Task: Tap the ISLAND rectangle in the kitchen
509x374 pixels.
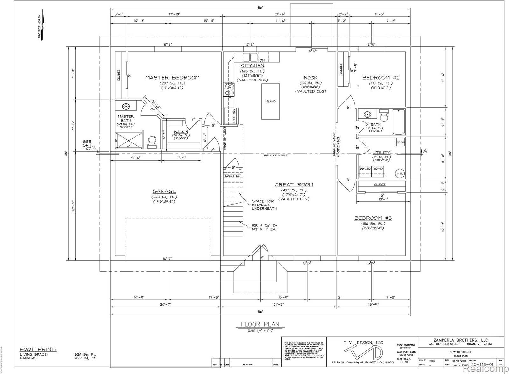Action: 270,101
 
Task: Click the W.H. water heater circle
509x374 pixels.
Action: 400,174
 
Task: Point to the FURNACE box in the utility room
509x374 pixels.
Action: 401,142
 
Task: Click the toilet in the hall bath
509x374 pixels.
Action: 384,115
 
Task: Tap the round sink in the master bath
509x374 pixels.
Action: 126,107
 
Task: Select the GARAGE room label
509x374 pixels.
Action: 164,191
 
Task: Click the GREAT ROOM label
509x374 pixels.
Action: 294,184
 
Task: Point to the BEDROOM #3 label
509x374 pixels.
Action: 373,218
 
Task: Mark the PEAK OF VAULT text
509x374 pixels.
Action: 275,155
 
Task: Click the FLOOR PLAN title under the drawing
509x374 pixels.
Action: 260,324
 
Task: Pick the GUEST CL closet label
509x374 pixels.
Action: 232,176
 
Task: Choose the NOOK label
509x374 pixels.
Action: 310,78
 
